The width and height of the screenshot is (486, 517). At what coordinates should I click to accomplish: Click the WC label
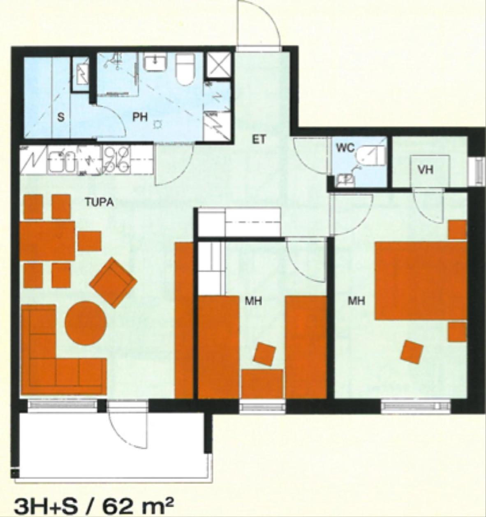[345, 148]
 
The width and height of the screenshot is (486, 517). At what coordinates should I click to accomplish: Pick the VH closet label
[426, 170]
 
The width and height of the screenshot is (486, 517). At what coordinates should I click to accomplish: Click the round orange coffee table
[86, 323]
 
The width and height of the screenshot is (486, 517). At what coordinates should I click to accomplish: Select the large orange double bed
[420, 281]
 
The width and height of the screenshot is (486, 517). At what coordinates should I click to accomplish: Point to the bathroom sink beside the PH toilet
[155, 62]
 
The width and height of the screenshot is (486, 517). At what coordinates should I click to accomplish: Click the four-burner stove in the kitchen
[117, 160]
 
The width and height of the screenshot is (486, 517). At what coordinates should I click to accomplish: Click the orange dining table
[47, 240]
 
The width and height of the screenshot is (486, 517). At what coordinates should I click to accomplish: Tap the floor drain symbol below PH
[157, 125]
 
